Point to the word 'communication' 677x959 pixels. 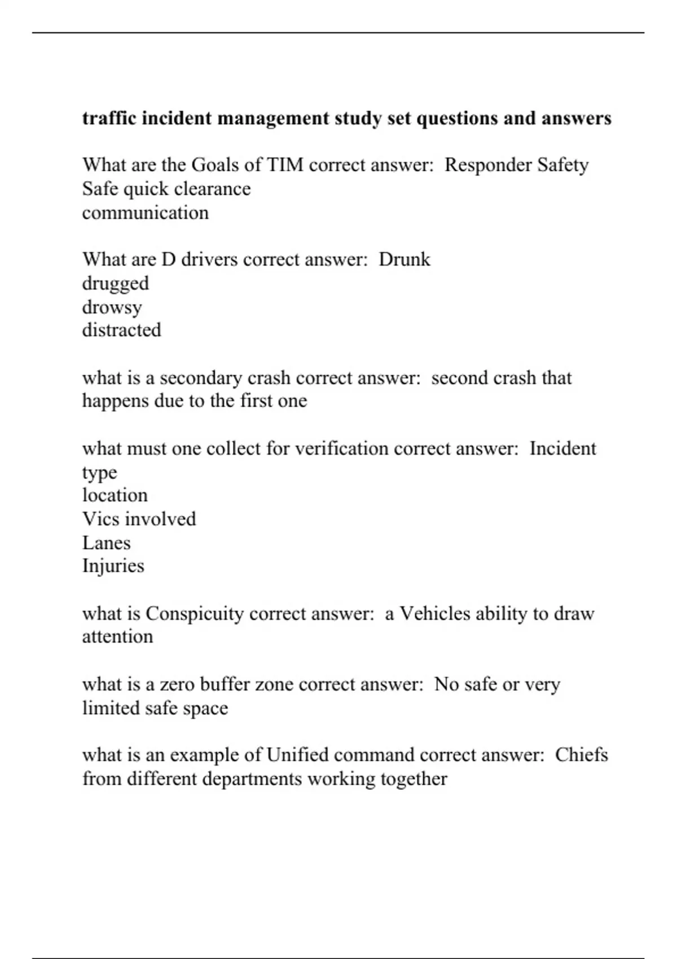pos(145,213)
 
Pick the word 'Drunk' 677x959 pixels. pos(404,259)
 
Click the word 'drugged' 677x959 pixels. pos(115,283)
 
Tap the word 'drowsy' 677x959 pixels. pos(112,307)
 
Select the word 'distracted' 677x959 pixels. pos(121,330)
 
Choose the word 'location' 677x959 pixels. pos(115,495)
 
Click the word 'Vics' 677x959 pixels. pos(97,519)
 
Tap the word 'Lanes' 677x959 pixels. pos(106,543)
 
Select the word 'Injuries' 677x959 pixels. pos(113,566)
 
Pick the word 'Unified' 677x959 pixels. pos(297,755)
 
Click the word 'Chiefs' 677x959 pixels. pos(581,755)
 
